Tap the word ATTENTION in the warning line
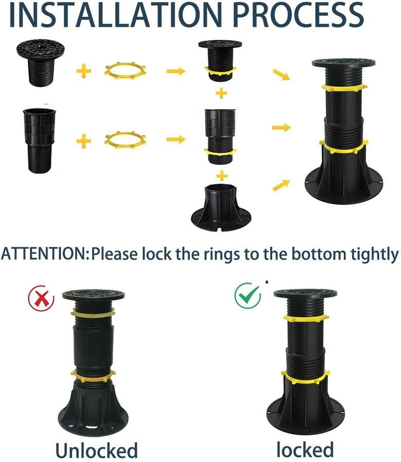coord(43,254)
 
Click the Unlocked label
coord(97,450)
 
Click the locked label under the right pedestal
coord(305,449)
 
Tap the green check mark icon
coord(248,296)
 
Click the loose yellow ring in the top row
coord(125,70)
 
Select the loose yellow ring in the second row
coord(125,140)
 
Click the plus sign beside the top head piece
coord(84,71)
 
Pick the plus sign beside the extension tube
coord(84,141)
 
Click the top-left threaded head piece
coord(41,63)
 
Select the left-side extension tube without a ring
coord(40,141)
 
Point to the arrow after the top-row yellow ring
coord(176,71)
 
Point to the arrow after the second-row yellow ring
coord(176,139)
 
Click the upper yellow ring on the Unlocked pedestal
coord(93,313)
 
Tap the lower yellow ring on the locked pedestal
coord(305,378)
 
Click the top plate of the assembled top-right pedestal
coord(344,63)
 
